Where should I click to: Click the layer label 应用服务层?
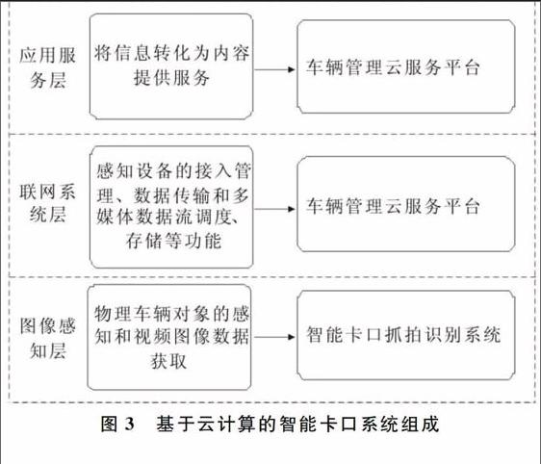pos(47,68)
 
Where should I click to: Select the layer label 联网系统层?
pos(47,203)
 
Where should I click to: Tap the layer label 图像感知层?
pos(47,339)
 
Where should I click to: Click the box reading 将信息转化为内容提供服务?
pos(171,66)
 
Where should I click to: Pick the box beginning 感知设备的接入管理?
pos(171,207)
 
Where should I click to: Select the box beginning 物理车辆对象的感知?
pos(169,337)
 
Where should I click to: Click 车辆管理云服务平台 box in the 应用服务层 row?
pos(406,66)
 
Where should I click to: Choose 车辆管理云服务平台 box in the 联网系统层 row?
pos(406,204)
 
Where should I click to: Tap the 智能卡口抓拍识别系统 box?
pos(406,335)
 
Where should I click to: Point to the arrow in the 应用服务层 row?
pos(274,69)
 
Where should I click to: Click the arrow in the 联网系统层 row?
pos(274,209)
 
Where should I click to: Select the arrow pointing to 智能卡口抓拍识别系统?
pos(274,337)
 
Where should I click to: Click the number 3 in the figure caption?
pos(129,424)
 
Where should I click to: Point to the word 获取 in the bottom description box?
pos(168,361)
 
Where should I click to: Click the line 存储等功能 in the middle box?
pos(173,241)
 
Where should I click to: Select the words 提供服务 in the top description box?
pos(171,77)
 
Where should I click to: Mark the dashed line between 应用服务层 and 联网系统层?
pos(271,134)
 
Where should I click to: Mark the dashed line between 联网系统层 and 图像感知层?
pos(271,276)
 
